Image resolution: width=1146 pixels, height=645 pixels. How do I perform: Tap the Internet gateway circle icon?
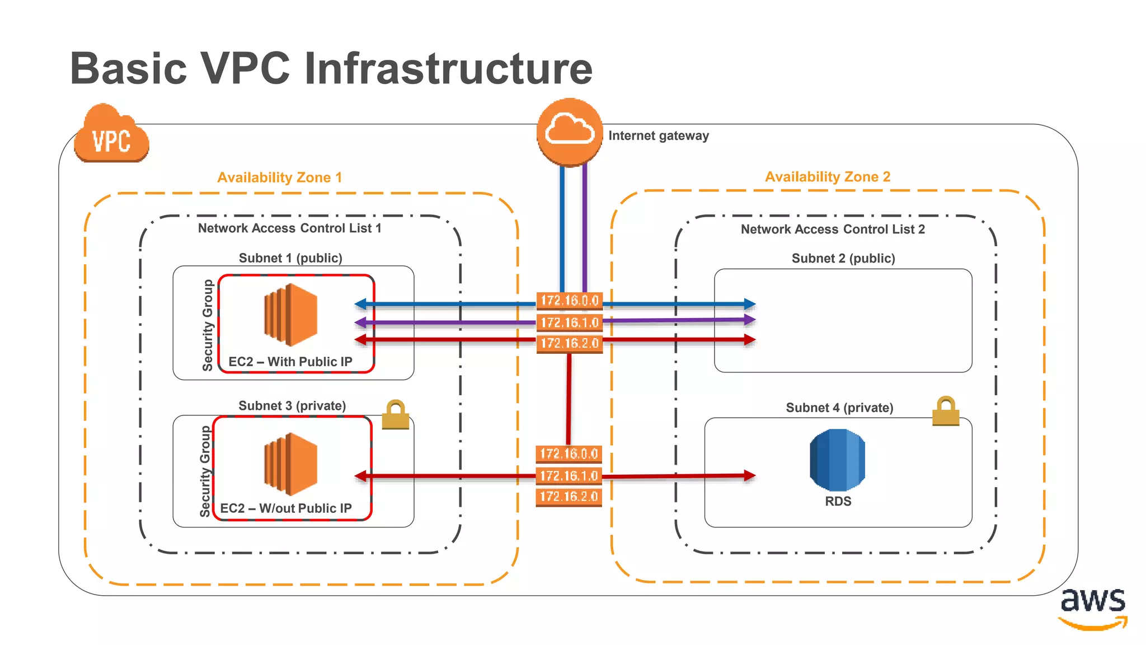570,132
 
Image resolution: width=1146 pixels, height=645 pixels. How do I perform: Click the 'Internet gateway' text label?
658,135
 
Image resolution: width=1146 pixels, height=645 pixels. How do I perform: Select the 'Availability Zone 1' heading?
279,177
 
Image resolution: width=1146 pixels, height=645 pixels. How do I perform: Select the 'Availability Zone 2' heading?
827,177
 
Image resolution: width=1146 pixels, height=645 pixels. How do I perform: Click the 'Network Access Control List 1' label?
289,228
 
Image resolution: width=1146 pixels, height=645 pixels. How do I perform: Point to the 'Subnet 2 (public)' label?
843,258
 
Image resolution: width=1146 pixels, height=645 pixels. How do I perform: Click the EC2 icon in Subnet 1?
290,315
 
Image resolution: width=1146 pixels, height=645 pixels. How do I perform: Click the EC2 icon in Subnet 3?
290,464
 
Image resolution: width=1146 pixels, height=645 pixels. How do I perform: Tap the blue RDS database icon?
837,460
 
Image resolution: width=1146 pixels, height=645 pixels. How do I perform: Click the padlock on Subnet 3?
395,415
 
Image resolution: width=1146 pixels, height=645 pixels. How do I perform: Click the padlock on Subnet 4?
945,412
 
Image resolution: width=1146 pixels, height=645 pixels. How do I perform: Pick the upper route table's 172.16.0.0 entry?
569,301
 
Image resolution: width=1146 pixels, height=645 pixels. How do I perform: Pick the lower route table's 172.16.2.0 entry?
569,497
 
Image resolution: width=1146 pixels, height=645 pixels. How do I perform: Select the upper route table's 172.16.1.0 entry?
569,322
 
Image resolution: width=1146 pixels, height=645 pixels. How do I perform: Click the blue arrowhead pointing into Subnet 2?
750,304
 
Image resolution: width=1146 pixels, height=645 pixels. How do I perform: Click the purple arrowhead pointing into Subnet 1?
361,322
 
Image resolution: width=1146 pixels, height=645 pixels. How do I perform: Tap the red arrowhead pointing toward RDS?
750,475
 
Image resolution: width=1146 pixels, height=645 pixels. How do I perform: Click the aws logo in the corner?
1092,608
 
